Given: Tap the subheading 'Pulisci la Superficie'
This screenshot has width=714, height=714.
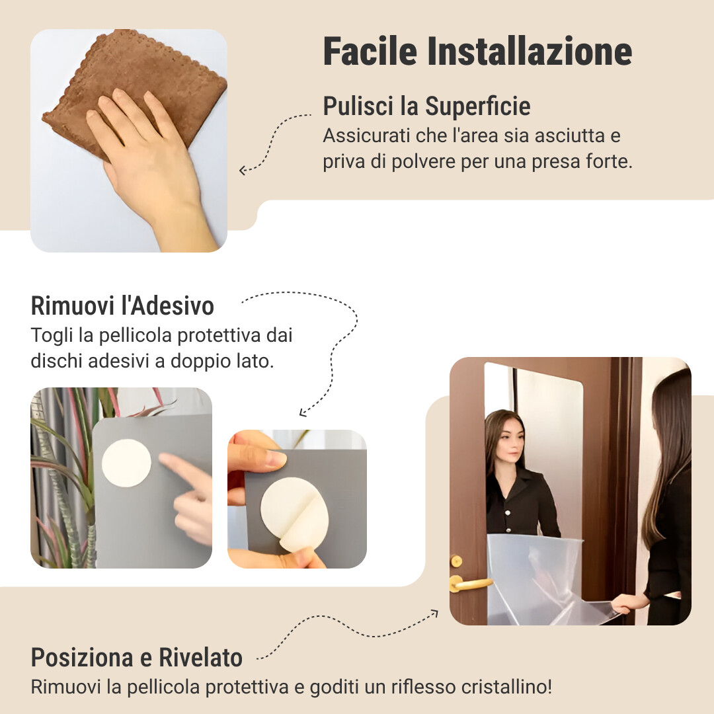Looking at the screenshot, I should point(426,106).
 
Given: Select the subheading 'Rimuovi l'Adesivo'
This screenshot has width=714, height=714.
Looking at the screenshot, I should point(122,306).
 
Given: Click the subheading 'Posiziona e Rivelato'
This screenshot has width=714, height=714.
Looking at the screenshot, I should point(136,658).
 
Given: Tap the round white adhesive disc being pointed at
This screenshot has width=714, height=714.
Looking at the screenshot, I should point(126,463).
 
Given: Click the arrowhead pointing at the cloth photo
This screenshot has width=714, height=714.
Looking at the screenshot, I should point(242,171).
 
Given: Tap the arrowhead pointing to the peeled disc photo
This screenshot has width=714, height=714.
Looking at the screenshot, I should point(302,413).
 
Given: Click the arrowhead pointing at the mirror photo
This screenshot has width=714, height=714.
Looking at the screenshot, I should point(434,612).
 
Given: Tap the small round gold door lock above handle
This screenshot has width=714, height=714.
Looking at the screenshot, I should point(456,561).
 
